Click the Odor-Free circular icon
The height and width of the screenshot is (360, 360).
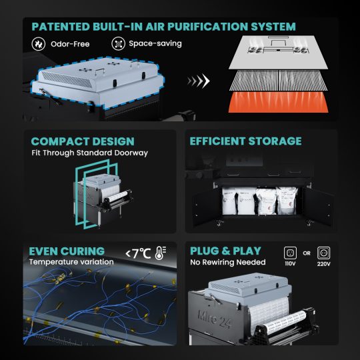click(39, 43)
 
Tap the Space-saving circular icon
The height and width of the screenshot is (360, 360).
click(118, 43)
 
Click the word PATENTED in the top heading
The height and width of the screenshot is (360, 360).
click(61, 27)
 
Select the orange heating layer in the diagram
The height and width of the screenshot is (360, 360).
click(278, 102)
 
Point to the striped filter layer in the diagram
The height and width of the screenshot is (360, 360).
click(278, 81)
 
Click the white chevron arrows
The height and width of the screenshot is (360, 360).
click(199, 81)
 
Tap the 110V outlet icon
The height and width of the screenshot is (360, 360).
click(290, 253)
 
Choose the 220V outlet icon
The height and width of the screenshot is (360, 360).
click(324, 253)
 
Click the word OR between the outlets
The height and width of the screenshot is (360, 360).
click(307, 253)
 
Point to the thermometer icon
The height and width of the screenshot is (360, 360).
click(161, 253)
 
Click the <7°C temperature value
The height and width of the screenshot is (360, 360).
click(138, 253)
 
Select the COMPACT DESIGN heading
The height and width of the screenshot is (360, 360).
click(83, 141)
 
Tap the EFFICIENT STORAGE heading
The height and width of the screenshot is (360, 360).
click(245, 141)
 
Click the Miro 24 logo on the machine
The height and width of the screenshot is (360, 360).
click(214, 319)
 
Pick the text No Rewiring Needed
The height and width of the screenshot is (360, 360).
click(228, 262)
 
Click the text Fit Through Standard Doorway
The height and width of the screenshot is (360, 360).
click(90, 153)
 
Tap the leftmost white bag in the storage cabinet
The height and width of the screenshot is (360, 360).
click(229, 201)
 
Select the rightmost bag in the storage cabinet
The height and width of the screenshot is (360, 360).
click(287, 201)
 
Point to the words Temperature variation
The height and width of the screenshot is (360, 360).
click(71, 262)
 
